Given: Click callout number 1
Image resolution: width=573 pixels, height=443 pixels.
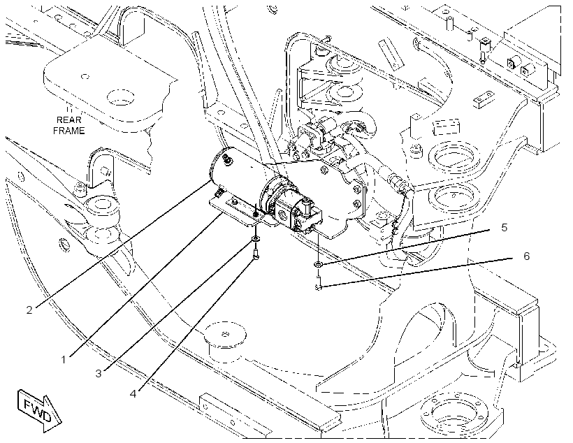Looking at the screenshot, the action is pos(64,360).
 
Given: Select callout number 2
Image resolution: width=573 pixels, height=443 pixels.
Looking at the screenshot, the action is pos(29,310).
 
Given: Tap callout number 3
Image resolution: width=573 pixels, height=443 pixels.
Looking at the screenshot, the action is pos(99,374).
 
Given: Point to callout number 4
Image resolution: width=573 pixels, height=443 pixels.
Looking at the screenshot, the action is pos(133,393).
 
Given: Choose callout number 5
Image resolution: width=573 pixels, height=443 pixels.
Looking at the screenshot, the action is pos(505,227).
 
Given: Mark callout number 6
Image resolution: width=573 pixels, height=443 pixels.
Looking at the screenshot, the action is pos(527,256).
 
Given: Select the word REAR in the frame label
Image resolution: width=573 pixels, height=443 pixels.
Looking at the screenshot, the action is pos(69,120).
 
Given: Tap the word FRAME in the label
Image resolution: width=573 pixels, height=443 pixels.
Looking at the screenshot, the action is pos(69,131).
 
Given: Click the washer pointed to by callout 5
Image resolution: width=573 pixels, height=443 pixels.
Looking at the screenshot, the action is pos(318,264).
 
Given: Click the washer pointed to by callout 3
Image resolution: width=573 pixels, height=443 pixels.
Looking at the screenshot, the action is pos(255,239).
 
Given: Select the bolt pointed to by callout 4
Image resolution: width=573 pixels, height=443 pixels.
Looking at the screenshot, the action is pos(256,254).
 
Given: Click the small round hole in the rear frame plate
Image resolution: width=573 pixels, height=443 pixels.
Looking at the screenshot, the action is pos(85,77).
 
